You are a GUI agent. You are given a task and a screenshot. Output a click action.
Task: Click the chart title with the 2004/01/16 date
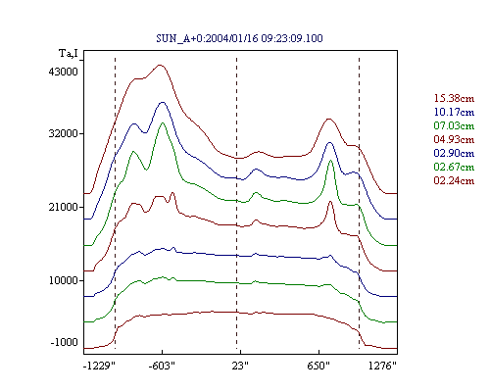point(239,38)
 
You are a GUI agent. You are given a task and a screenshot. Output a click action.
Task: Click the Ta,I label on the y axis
point(69,53)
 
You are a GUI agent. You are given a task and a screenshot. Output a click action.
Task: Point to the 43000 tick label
point(64,72)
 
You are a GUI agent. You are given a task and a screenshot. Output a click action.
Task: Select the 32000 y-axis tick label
point(64,133)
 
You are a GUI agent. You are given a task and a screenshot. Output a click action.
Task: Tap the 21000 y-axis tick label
point(64,207)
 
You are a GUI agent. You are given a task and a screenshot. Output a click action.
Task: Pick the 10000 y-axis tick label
point(64,280)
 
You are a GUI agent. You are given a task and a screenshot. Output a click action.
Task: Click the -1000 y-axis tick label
point(65,342)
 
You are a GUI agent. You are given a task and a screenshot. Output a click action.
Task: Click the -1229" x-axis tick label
point(99,366)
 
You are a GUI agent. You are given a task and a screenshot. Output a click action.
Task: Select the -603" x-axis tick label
point(162,366)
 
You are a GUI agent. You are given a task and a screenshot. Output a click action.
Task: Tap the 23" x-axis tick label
point(240,366)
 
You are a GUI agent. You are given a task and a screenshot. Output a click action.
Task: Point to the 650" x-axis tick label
point(318,366)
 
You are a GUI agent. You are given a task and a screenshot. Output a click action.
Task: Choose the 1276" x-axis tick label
point(382,366)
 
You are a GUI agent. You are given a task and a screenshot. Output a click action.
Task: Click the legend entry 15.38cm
point(454,98)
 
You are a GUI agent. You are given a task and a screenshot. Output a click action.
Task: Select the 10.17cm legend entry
point(454,112)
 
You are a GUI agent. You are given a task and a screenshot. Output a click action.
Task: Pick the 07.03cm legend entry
point(454,125)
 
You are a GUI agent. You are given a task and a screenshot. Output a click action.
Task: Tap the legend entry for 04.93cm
point(454,139)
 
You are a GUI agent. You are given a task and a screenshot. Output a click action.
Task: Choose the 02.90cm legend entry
point(454,153)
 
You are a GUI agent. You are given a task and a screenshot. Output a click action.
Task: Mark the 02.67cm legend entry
point(454,167)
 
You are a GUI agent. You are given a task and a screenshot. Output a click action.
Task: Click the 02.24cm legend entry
point(454,180)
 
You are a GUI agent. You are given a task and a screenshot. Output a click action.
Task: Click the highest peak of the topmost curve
point(160,65)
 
